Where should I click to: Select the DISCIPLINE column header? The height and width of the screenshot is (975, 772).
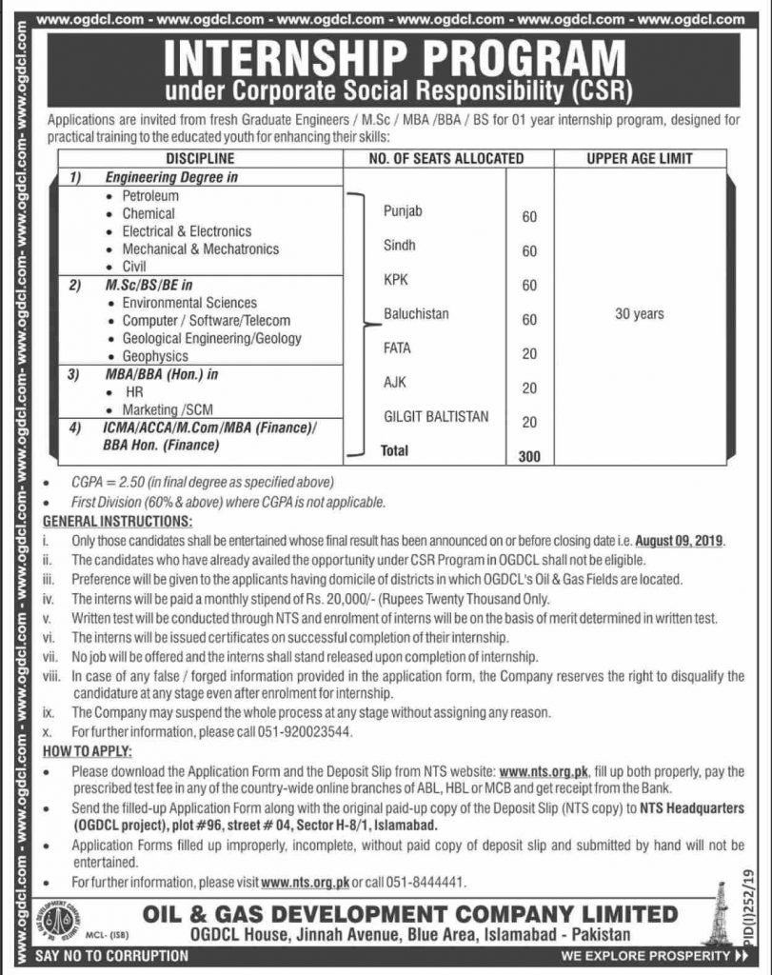pos(200,158)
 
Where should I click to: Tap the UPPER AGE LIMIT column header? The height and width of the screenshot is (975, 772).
pos(640,158)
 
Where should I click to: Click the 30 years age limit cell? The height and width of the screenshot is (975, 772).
pos(640,313)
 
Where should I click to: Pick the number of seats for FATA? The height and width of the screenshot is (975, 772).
pos(529,354)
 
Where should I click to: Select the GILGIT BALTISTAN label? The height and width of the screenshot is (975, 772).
pos(437,416)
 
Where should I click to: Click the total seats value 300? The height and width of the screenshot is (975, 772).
pos(529,456)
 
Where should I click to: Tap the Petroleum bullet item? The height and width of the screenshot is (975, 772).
pos(150,196)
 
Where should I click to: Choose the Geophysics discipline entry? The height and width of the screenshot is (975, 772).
pos(155,356)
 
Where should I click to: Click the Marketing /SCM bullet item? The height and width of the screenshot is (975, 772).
pos(168,408)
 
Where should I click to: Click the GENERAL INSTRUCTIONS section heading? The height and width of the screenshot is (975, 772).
pos(118,522)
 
